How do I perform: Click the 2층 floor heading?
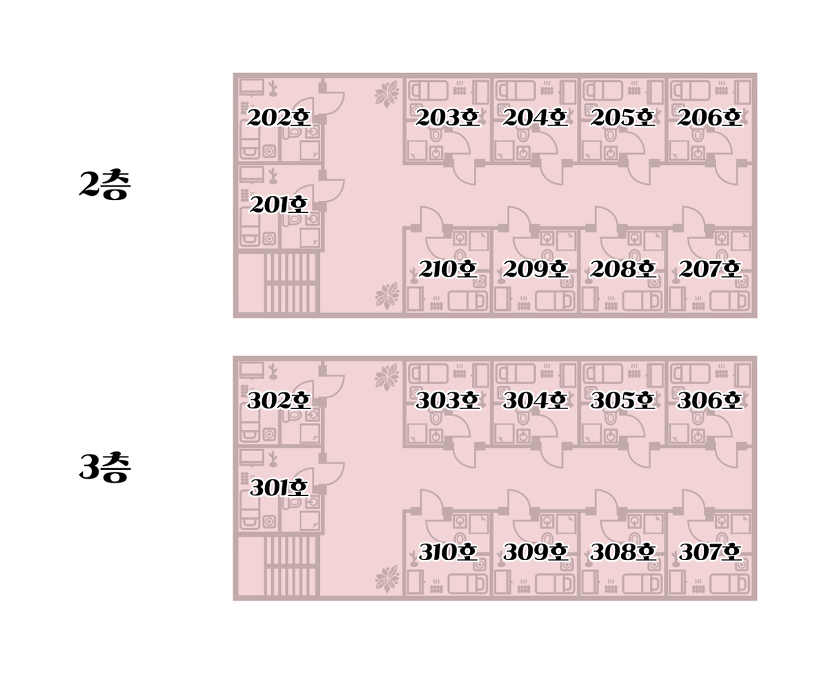105,184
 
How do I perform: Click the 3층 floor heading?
105,467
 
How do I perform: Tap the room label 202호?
279,117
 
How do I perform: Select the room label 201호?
279,204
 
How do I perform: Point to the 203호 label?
447,117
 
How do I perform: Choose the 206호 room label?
709,117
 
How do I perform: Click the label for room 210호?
447,268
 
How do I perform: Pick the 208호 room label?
622,268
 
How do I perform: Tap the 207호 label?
709,268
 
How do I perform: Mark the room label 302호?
279,400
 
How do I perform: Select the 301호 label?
279,488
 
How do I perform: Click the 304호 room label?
535,400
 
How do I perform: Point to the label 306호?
709,400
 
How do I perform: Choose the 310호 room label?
447,552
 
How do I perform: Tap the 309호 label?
535,552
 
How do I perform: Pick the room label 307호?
709,552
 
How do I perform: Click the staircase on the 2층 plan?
290,283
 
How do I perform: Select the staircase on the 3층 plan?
290,566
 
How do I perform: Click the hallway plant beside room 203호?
387,94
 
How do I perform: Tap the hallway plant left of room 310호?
387,579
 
